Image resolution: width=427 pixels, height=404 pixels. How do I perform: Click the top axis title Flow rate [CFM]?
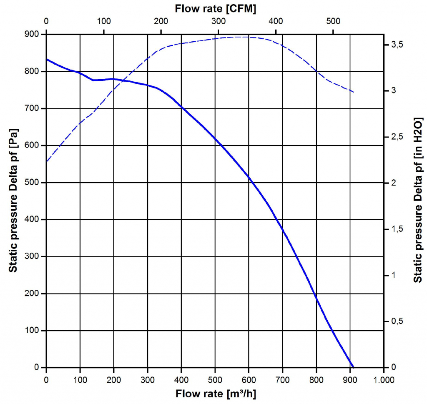tap(215, 8)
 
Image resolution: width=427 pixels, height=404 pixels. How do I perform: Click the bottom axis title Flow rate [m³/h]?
tap(216, 394)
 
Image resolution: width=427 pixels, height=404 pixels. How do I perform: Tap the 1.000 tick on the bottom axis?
tap(383, 380)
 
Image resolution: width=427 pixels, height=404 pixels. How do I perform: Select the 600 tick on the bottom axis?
tap(249, 380)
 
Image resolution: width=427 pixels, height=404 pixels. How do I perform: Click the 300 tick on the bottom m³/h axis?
tap(147, 380)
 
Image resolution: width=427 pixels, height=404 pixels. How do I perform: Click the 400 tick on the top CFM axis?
tap(276, 21)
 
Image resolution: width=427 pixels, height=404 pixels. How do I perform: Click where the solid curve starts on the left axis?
tap(47, 59)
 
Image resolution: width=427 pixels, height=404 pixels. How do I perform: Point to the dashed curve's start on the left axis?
tap(47, 161)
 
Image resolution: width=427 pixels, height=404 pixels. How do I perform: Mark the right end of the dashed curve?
tap(354, 92)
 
